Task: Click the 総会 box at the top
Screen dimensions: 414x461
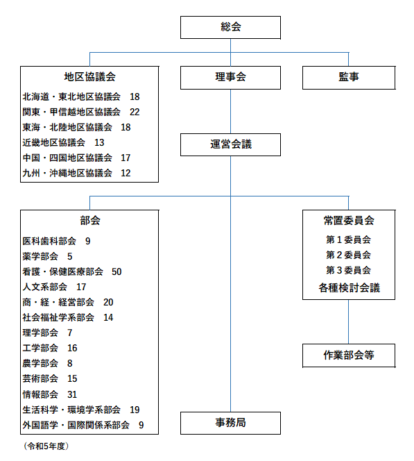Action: (230, 27)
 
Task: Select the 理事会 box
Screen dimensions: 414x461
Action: (230, 78)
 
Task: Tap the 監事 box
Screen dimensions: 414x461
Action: (349, 78)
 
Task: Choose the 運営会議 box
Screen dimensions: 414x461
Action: (230, 144)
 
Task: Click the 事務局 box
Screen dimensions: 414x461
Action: (230, 423)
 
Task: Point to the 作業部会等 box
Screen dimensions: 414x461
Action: (349, 355)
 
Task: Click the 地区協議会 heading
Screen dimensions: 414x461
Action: (90, 77)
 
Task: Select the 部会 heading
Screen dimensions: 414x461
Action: (90, 221)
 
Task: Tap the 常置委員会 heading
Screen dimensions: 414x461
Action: (349, 221)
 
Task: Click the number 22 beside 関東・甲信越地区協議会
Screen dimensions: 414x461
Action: (135, 112)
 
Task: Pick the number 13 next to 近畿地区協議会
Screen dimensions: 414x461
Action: (99, 142)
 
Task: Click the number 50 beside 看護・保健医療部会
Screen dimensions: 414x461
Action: (117, 271)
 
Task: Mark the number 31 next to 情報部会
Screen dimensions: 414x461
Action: (72, 394)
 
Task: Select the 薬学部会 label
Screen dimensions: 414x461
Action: (40, 256)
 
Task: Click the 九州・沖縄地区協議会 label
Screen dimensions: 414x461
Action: (67, 173)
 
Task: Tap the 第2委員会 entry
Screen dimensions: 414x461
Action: (348, 255)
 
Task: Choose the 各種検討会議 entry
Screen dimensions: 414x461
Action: (349, 288)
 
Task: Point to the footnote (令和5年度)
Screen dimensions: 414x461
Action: (46, 446)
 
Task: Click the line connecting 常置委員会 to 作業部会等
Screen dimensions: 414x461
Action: (349, 322)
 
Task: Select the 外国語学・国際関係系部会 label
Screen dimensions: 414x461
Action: (76, 425)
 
